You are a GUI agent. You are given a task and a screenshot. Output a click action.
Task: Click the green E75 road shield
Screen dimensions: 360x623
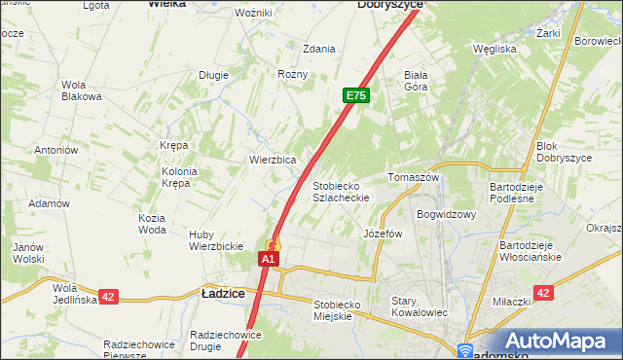(x=355, y=95)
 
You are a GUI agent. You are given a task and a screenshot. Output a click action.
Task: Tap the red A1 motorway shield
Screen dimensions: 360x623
(x=270, y=260)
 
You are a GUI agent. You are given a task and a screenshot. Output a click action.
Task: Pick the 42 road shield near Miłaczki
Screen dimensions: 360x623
(x=543, y=293)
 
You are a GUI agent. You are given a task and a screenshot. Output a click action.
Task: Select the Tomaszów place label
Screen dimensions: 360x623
(x=415, y=178)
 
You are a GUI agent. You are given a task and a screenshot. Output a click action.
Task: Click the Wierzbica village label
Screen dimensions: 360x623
(x=273, y=160)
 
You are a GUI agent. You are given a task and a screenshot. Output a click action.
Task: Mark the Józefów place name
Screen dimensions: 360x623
(x=383, y=234)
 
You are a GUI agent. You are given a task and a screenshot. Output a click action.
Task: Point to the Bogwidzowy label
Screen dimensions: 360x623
(x=445, y=214)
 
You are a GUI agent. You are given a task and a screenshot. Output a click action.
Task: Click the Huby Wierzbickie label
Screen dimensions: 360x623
(x=215, y=240)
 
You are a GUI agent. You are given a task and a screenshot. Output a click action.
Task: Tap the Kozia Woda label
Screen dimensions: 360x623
(x=152, y=224)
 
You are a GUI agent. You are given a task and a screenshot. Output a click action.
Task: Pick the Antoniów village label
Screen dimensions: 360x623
(x=56, y=150)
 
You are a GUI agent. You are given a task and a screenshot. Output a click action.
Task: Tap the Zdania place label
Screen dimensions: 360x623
(x=319, y=48)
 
